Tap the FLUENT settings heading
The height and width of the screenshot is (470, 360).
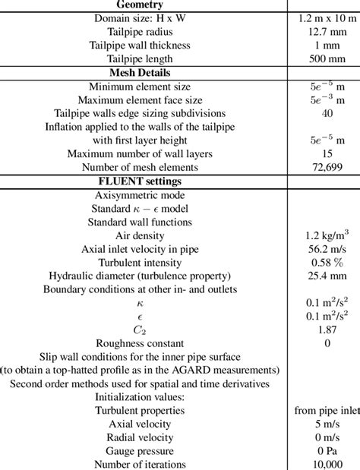143,181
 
